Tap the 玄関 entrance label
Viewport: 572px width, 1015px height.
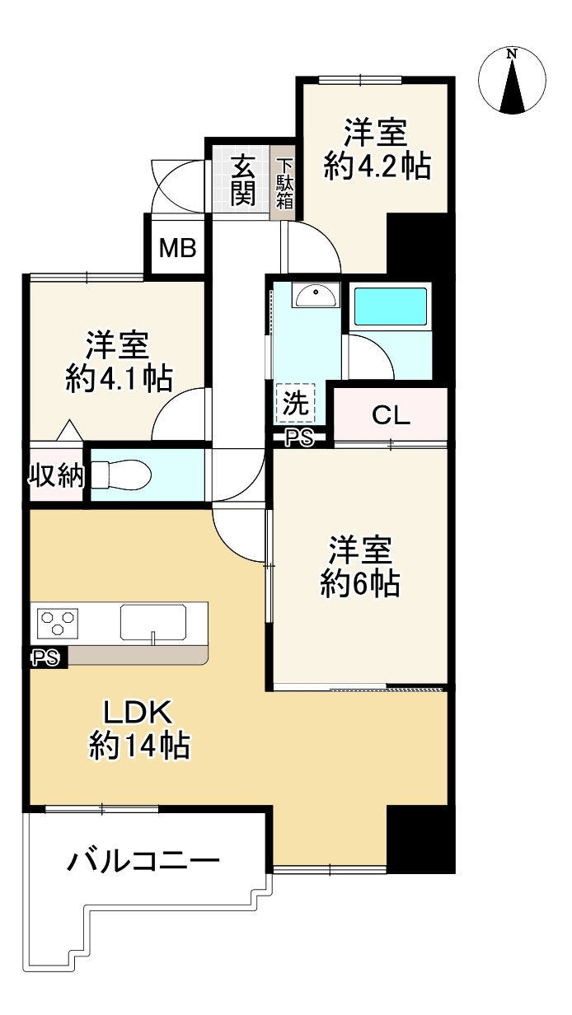pyautogui.click(x=242, y=180)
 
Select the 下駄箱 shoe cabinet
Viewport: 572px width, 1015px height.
pyautogui.click(x=284, y=183)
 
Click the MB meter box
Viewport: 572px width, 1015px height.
pyautogui.click(x=178, y=248)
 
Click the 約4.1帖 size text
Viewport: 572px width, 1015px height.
pyautogui.click(x=120, y=379)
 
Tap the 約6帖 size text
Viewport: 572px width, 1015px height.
pyautogui.click(x=360, y=583)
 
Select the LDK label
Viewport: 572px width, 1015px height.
pyautogui.click(x=138, y=712)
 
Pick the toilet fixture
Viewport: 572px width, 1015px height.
pyautogui.click(x=121, y=475)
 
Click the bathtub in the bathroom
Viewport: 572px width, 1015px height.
pyautogui.click(x=390, y=306)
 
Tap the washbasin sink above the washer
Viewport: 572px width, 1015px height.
pyautogui.click(x=316, y=295)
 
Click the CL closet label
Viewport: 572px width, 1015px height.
pyautogui.click(x=391, y=414)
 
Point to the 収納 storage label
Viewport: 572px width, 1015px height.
pyautogui.click(x=57, y=475)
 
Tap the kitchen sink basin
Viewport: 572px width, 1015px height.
pyautogui.click(x=152, y=622)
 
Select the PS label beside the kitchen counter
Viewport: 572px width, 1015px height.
pyautogui.click(x=46, y=658)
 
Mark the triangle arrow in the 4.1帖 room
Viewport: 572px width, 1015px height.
pyautogui.click(x=69, y=430)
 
